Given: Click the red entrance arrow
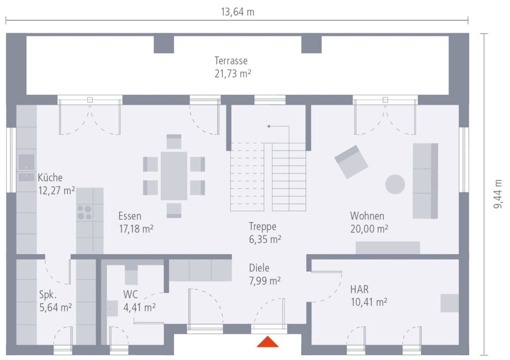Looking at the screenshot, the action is pos(267,342).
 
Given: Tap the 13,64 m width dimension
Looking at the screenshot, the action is pos(237,12).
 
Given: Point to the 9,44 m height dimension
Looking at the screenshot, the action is pos(498,194).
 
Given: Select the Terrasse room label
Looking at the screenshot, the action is pos(231,61).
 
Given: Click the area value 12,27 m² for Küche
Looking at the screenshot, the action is pos(57,191).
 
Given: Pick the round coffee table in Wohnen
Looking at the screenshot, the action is pos(395,184).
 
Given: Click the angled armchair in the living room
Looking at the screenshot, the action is pos(351,162).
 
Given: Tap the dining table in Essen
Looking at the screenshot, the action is pos(174,176).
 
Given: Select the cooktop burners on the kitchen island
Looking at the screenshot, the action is pos(84,212).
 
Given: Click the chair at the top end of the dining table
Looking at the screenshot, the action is pos(174,142).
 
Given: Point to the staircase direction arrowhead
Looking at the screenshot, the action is pos(269,126).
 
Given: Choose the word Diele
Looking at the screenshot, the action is pos(259,268).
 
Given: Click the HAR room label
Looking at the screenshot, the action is pos(359,289).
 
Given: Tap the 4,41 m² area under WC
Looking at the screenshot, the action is pos(139,307).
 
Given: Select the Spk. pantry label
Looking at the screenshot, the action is pos(48,295).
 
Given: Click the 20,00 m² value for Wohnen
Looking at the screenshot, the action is pos(369,229).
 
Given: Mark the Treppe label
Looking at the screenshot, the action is pos(263,227).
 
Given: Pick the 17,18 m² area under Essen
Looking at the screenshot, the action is pos(136,229).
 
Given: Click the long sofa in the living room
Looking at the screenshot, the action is pos(425,181).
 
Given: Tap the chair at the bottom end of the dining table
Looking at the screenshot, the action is pos(174,210).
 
